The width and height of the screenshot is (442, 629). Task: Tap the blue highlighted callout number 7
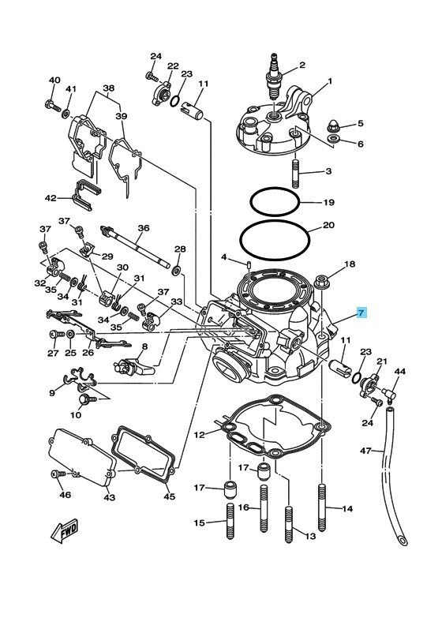(x=361, y=313)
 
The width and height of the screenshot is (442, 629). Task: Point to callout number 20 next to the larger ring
(x=329, y=226)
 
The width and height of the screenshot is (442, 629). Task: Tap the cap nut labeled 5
(x=333, y=124)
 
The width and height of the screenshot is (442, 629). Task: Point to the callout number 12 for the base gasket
(x=200, y=435)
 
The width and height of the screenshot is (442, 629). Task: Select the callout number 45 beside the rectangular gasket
(x=169, y=496)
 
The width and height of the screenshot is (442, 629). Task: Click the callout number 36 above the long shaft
(x=143, y=228)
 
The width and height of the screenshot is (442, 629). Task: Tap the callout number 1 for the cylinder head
(x=330, y=81)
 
